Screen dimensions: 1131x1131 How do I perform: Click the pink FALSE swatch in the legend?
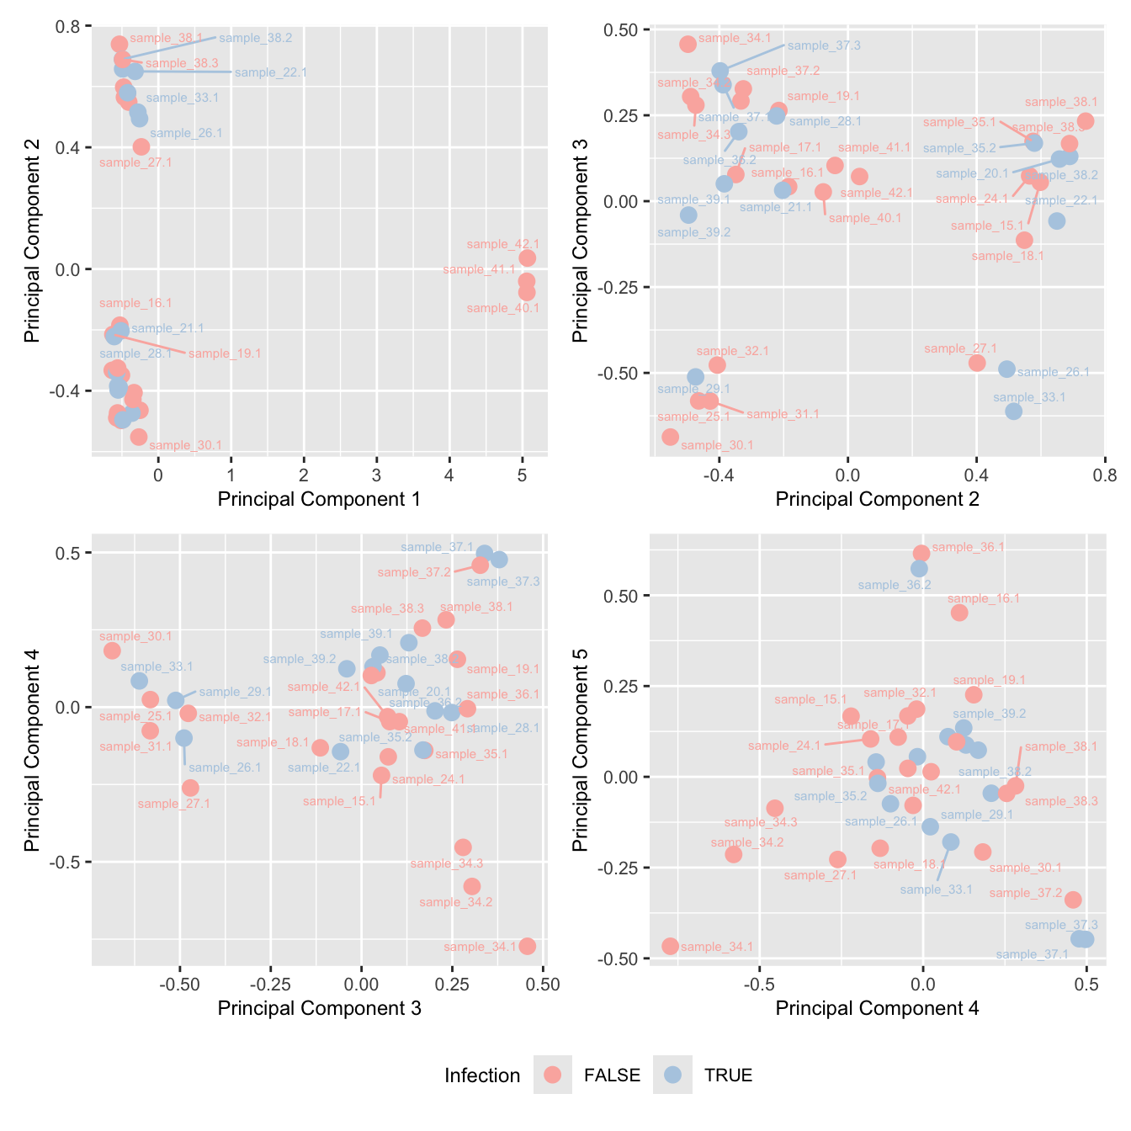pos(552,1075)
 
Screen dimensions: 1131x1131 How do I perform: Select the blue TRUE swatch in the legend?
pos(672,1075)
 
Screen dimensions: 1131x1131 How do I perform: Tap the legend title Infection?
pos(482,1075)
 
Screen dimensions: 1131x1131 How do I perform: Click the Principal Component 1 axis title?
pos(319,499)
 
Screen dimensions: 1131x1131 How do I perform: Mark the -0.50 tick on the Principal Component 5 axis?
pos(621,958)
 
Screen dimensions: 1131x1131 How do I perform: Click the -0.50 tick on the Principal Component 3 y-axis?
pos(621,373)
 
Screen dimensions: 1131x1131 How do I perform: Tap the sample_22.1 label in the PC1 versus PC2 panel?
pos(271,72)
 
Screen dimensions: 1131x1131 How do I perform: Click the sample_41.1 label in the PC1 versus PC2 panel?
pos(479,269)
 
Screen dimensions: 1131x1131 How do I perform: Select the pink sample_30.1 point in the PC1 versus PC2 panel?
pos(139,437)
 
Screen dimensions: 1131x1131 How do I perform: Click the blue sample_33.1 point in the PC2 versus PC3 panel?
pos(1013,411)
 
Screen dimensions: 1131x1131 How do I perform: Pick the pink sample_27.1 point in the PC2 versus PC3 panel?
pos(976,363)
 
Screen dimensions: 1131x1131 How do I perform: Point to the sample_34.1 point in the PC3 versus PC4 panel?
pos(528,946)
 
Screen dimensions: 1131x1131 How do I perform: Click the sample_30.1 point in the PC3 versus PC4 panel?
pos(112,650)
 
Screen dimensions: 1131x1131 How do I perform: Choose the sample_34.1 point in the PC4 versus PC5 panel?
pos(670,946)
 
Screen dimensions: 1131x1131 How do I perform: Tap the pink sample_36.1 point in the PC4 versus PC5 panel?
pos(921,553)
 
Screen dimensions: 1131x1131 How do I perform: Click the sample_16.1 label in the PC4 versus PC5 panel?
pos(983,598)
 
